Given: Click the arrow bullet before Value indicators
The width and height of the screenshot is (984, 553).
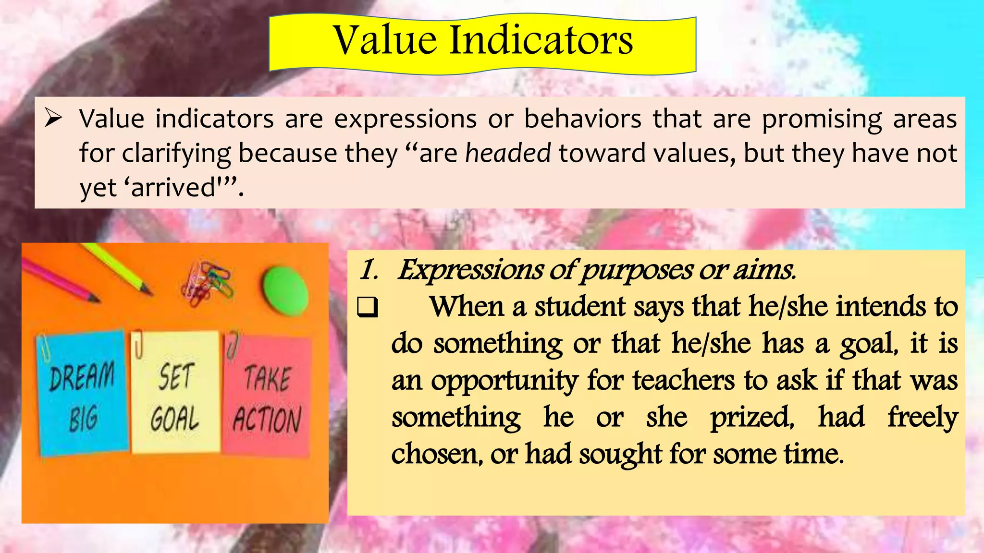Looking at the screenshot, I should (53, 118).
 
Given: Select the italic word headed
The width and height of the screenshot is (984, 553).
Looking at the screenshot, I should (508, 154).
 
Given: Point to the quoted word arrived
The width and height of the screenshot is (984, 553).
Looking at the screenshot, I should (173, 187).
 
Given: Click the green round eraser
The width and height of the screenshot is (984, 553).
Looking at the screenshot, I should (284, 291).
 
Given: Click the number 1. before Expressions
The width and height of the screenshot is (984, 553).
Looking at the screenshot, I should (369, 270).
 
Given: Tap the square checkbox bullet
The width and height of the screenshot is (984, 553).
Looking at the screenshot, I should (368, 308).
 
